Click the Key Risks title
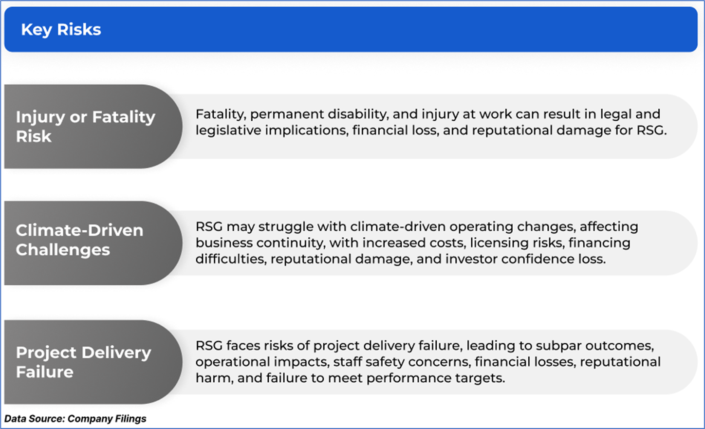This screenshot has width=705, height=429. point(61,30)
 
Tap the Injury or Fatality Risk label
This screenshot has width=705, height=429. point(86,126)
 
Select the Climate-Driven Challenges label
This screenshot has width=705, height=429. point(80,240)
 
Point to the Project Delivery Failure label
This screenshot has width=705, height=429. point(83,362)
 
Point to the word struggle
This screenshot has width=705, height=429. point(286,227)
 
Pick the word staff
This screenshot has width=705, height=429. point(347,362)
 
